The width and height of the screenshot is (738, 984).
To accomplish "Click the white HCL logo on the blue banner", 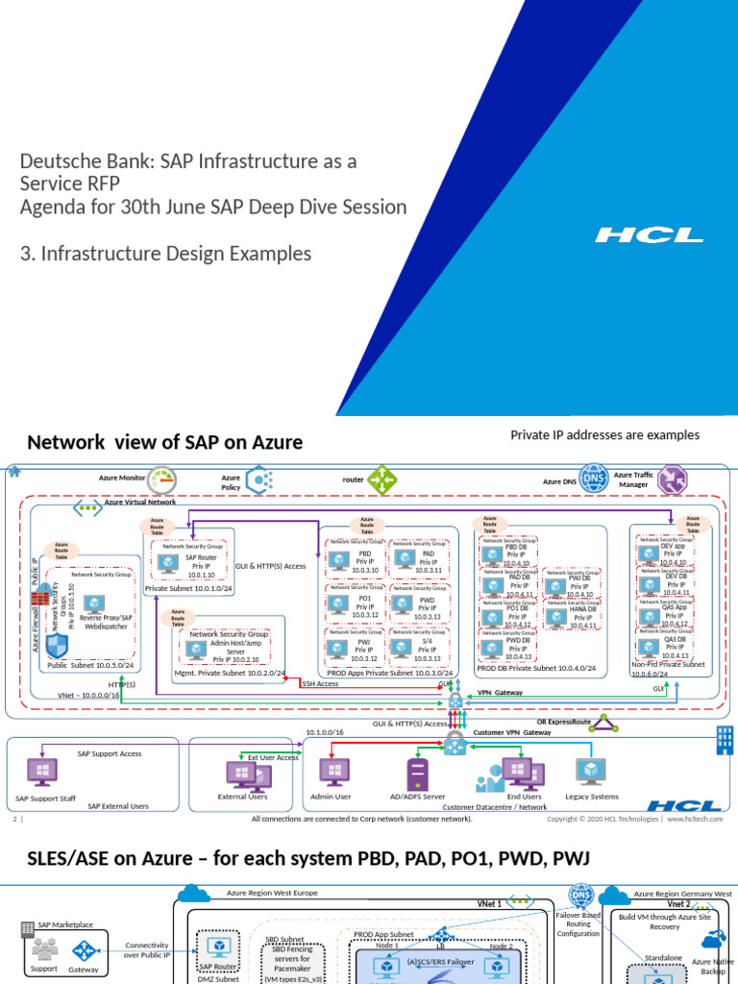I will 649,234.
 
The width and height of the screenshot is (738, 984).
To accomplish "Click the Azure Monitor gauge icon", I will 163,479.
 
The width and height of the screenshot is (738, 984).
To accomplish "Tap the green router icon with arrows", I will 383,479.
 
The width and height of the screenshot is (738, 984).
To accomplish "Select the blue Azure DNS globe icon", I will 595,478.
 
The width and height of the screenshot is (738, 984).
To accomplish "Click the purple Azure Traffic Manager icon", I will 670,478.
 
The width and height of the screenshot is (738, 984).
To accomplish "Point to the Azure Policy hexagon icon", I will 259,480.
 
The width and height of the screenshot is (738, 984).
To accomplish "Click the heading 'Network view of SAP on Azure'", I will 164,443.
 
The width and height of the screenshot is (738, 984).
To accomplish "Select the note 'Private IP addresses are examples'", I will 604,435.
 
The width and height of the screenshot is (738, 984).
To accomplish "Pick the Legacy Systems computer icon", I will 590,772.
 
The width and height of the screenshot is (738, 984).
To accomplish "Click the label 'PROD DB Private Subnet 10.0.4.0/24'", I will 536,668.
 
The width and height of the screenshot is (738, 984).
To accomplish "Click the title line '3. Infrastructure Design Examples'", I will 165,254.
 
